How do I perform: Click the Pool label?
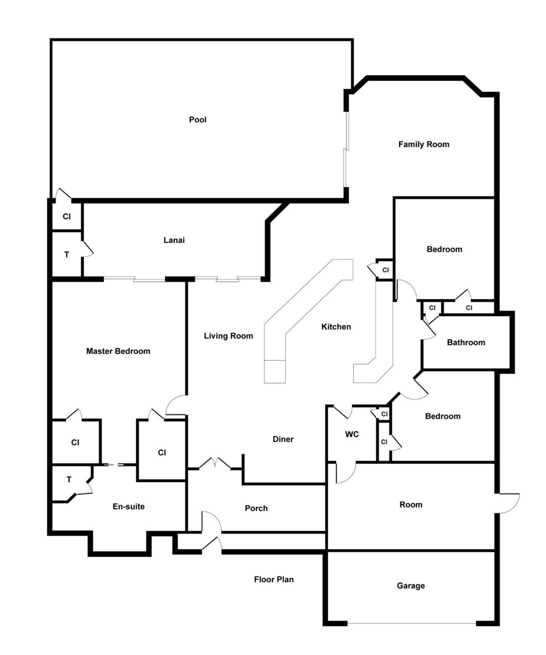[198, 120]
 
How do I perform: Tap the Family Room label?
[424, 144]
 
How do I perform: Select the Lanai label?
[174, 240]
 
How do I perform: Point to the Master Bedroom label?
[118, 351]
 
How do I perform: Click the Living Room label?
[228, 336]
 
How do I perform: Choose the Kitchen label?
[336, 327]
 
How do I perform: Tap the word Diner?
[283, 439]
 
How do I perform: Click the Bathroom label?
[466, 342]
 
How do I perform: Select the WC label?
[352, 435]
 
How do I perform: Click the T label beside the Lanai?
[66, 255]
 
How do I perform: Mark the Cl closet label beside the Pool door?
[66, 217]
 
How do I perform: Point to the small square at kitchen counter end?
[275, 371]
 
